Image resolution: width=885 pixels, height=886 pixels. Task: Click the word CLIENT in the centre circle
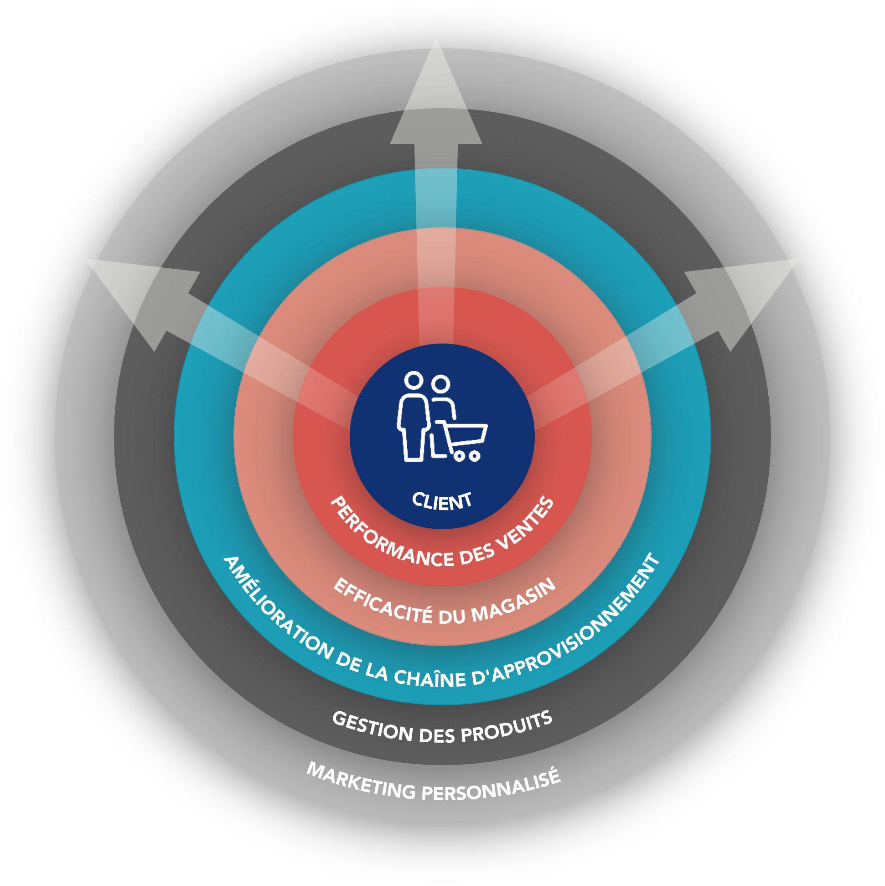441,501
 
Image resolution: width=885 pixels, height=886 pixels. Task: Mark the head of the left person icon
414,380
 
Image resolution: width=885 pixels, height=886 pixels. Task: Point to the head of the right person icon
440,384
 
